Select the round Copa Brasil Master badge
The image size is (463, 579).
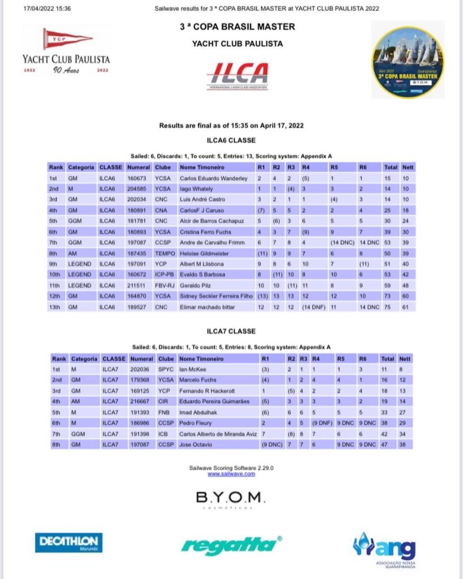click(408, 62)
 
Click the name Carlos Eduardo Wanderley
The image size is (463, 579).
click(214, 179)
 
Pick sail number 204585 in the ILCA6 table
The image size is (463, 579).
click(139, 189)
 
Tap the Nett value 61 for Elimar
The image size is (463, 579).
click(406, 308)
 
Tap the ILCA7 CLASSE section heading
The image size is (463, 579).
click(231, 331)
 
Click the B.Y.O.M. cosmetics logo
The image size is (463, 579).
click(230, 500)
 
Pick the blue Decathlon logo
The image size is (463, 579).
click(68, 542)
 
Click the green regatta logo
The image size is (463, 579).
click(231, 545)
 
